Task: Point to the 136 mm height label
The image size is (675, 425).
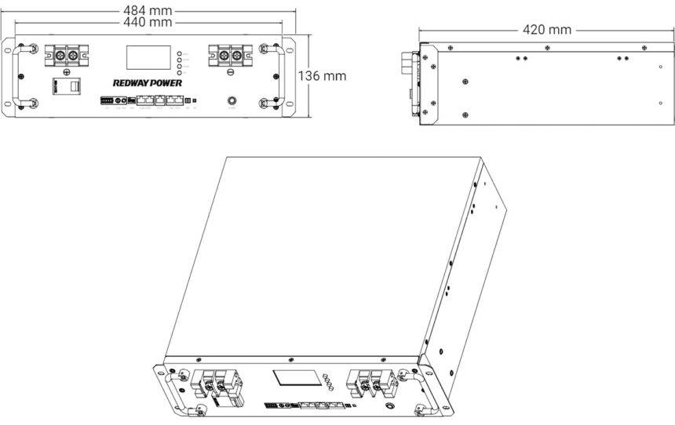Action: coord(323,76)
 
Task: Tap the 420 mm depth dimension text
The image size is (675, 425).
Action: coord(547,30)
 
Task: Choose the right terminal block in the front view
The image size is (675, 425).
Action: coord(228,56)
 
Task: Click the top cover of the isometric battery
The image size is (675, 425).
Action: coord(330,251)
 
